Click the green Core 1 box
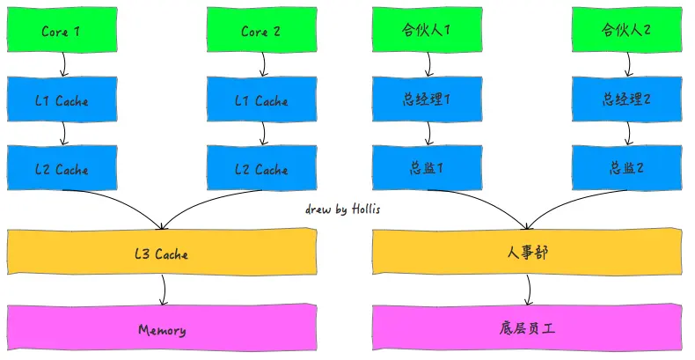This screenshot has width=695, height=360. [62, 32]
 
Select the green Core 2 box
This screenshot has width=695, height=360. [261, 32]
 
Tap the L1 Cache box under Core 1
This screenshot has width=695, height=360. [62, 100]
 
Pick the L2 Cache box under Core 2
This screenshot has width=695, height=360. [261, 169]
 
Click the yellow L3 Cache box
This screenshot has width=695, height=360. [162, 254]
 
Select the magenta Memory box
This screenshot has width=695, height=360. [162, 330]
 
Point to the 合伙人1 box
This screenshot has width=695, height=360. [427, 32]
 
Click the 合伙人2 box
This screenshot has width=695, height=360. [626, 32]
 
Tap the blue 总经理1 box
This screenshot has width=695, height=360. [428, 100]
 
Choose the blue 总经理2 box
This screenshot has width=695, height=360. [626, 100]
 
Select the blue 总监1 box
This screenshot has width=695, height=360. [428, 169]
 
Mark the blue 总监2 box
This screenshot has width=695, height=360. [626, 169]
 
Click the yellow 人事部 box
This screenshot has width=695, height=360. [528, 254]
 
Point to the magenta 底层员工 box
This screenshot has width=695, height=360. [528, 330]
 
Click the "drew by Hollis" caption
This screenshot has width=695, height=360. [343, 209]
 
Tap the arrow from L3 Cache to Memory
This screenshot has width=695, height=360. [163, 290]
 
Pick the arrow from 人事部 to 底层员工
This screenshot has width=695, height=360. [528, 290]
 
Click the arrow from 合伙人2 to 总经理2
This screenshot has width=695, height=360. [628, 64]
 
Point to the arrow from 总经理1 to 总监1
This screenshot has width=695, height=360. [429, 133]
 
